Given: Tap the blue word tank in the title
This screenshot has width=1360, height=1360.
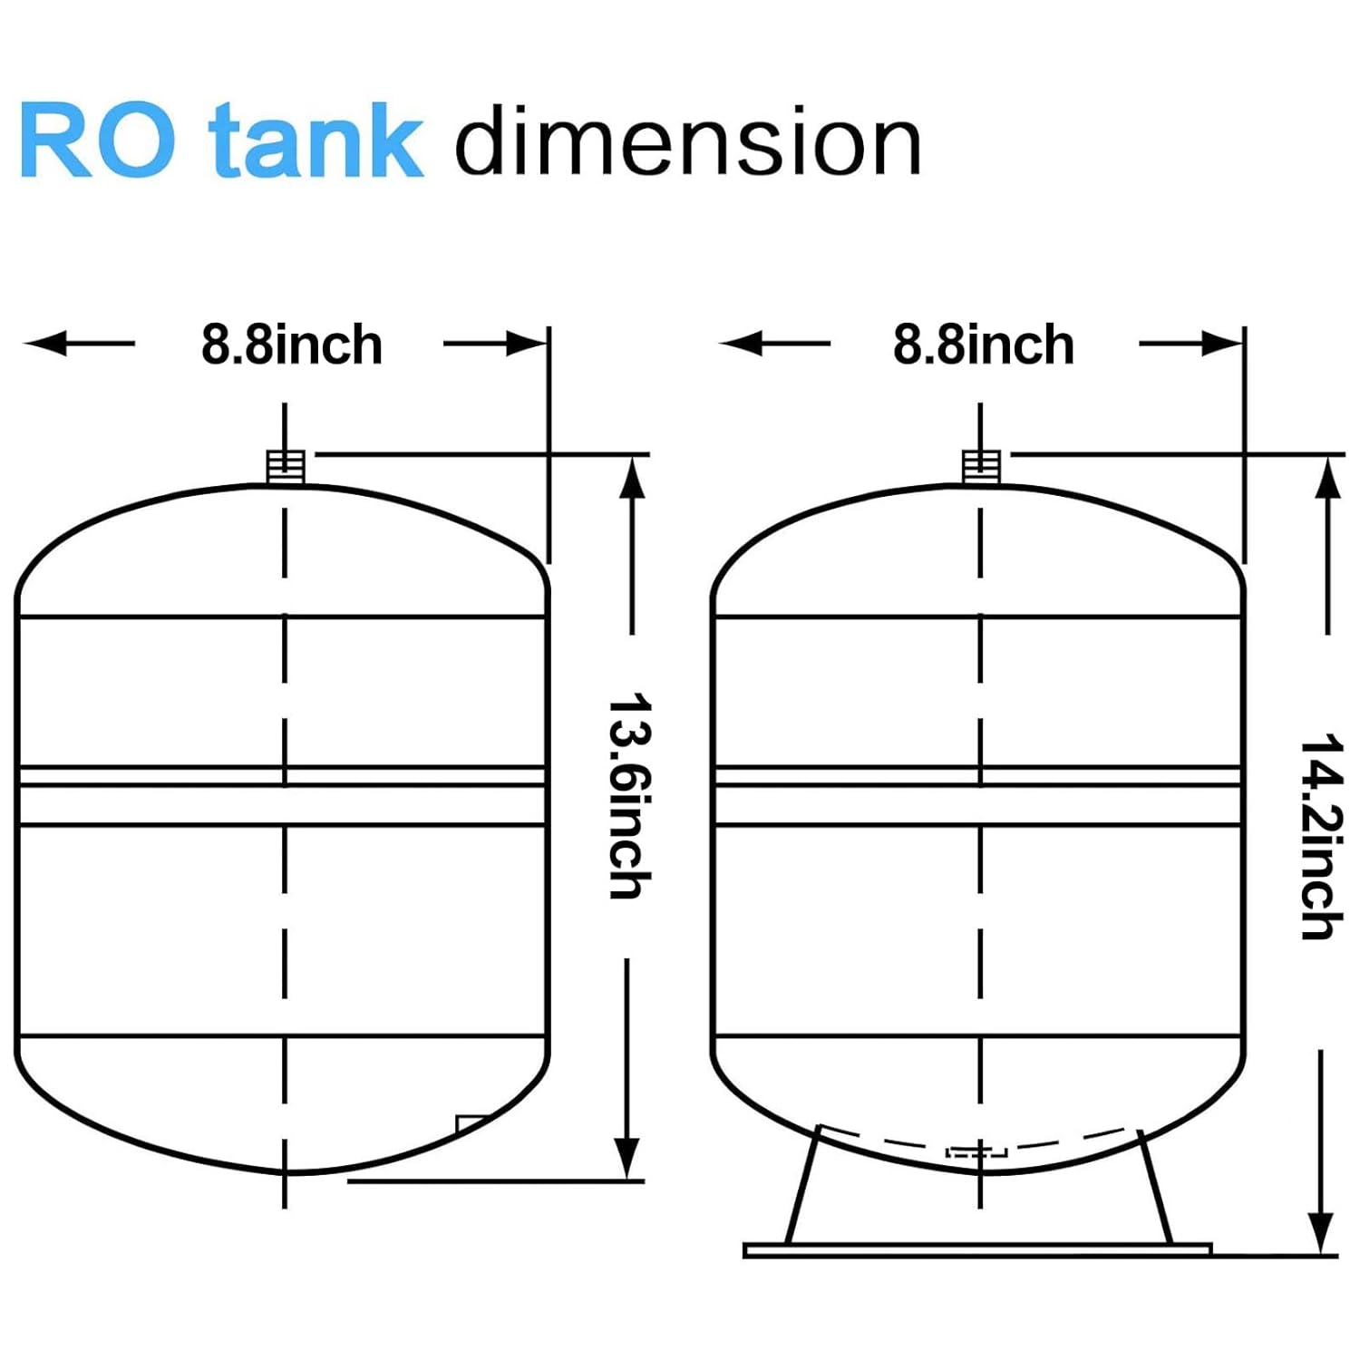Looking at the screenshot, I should pyautogui.click(x=315, y=142).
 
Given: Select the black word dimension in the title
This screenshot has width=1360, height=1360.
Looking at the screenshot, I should pyautogui.click(x=687, y=142).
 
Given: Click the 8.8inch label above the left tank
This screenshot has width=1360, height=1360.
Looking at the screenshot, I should pyautogui.click(x=291, y=345).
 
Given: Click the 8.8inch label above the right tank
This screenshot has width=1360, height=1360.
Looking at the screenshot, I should pyautogui.click(x=984, y=345).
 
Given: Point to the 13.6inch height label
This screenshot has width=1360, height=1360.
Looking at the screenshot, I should pyautogui.click(x=628, y=796).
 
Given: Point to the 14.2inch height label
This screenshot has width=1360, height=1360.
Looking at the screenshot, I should pyautogui.click(x=1321, y=836).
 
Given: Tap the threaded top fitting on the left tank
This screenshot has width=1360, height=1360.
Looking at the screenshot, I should pyautogui.click(x=285, y=467).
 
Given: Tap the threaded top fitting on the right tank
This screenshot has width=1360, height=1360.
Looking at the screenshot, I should pyautogui.click(x=980, y=467).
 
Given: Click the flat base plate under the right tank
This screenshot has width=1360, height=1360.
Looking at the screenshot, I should pyautogui.click(x=977, y=1250).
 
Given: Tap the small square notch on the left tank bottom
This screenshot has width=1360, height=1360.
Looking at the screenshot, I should pyautogui.click(x=470, y=1124).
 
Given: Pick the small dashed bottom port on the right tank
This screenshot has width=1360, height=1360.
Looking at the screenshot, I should pyautogui.click(x=976, y=1152).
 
